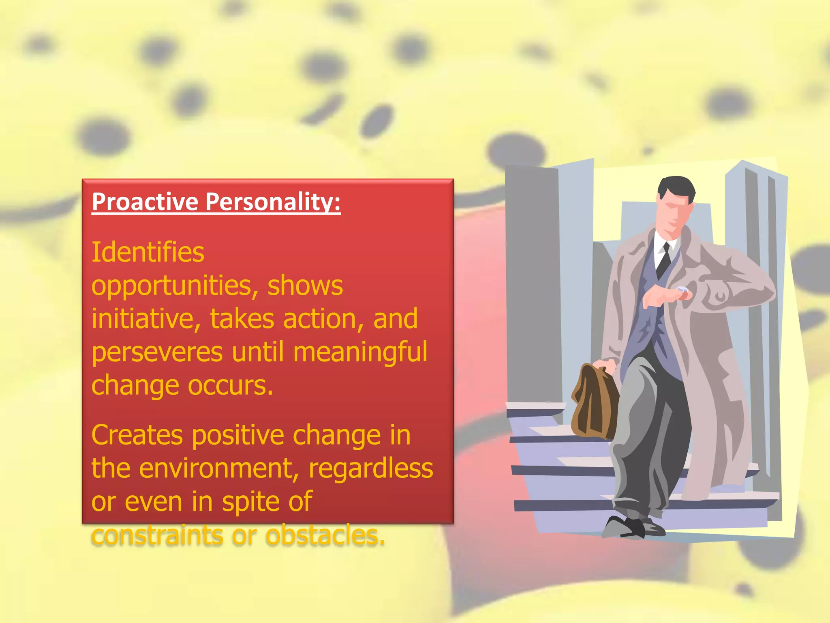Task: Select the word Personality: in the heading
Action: [273, 202]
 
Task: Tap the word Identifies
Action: [148, 252]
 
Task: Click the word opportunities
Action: [175, 286]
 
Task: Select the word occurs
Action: [230, 385]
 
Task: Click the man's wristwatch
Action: [682, 290]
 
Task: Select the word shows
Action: [305, 286]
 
